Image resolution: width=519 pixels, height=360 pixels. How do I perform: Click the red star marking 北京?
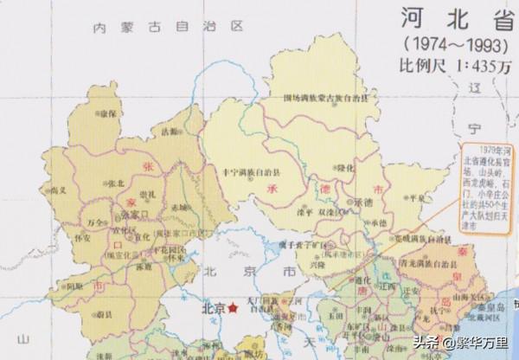point(233,308)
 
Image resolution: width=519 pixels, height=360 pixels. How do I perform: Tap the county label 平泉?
point(419,197)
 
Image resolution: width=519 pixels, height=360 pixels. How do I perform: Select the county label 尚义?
point(58,190)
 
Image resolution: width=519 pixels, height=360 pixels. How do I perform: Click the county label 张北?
point(115,183)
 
